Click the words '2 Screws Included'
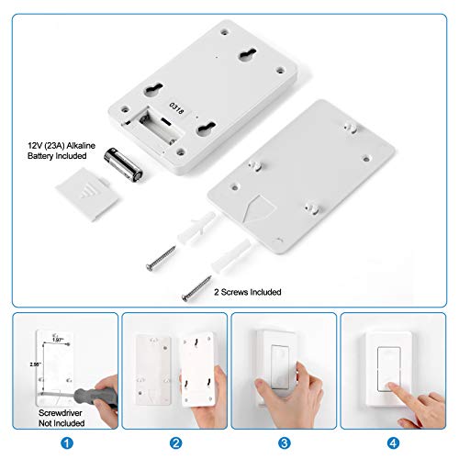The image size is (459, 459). point(246,292)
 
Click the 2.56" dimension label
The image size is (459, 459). point(34,364)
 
